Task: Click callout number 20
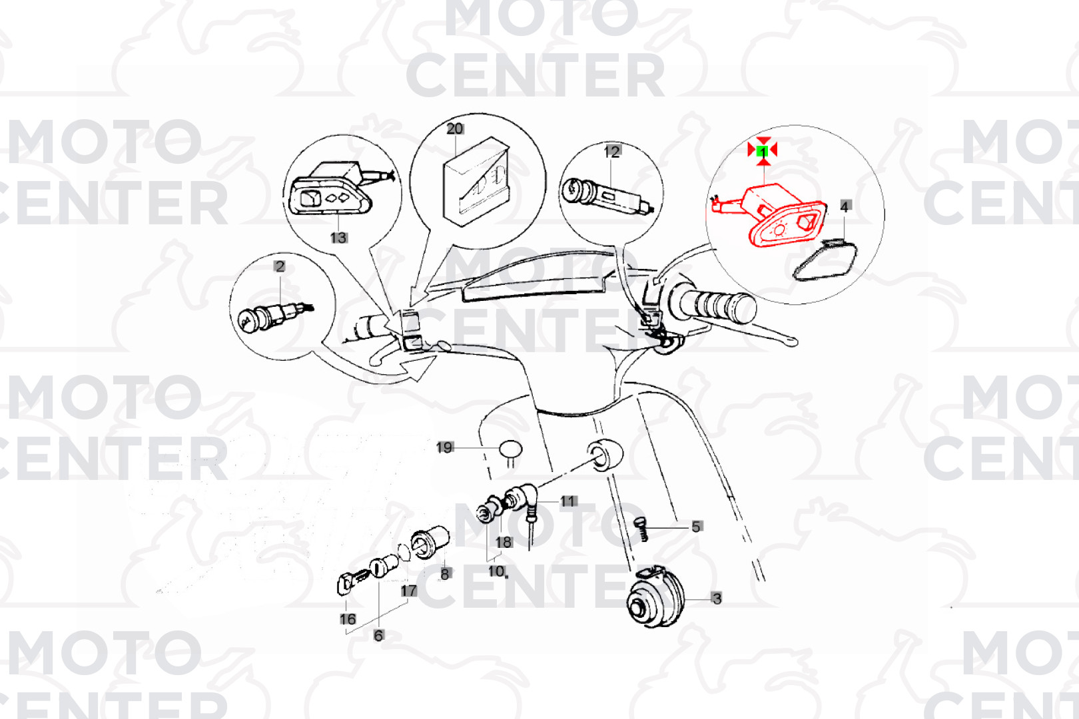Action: pyautogui.click(x=455, y=128)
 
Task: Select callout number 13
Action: pyautogui.click(x=338, y=238)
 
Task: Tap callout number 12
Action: pyautogui.click(x=611, y=152)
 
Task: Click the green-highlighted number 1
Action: pyautogui.click(x=763, y=152)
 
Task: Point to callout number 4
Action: pyautogui.click(x=845, y=206)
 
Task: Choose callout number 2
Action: pyautogui.click(x=279, y=266)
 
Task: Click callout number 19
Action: pyautogui.click(x=445, y=448)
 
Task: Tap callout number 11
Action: pyautogui.click(x=568, y=502)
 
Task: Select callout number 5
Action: pyautogui.click(x=696, y=527)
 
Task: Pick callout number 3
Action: pyautogui.click(x=717, y=599)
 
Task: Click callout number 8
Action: pyautogui.click(x=445, y=574)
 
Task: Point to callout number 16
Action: pyautogui.click(x=348, y=619)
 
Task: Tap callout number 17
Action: pyautogui.click(x=409, y=591)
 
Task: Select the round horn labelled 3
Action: pyautogui.click(x=655, y=598)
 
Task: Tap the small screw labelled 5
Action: pyautogui.click(x=640, y=529)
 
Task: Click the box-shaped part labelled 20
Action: pyautogui.click(x=476, y=182)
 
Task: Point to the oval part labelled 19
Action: pyautogui.click(x=511, y=449)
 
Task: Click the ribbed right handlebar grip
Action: pyautogui.click(x=713, y=304)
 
